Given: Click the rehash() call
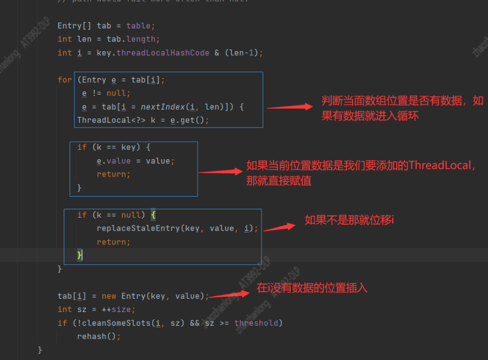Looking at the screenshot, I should [99, 336].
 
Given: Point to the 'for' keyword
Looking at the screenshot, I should [65, 80].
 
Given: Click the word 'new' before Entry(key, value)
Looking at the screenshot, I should [109, 296].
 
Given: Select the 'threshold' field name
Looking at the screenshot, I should [256, 323].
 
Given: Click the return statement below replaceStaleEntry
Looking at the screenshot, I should [113, 242].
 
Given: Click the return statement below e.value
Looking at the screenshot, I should [113, 174].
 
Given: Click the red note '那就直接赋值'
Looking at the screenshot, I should [279, 180].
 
